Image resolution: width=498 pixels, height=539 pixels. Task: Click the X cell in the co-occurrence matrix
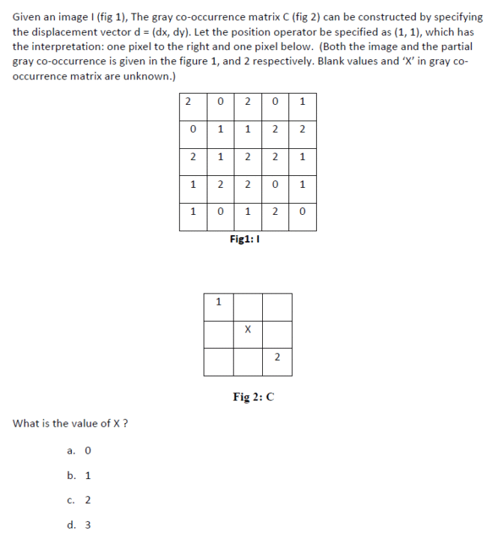(x=247, y=330)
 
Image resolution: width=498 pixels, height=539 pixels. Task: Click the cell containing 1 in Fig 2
(x=218, y=303)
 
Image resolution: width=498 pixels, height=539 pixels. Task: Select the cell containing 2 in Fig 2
(x=276, y=358)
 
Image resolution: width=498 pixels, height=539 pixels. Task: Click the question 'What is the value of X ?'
(x=70, y=424)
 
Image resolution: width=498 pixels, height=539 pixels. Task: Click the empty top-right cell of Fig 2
(x=276, y=303)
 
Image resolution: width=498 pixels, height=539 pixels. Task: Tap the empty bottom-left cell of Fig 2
(x=218, y=358)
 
